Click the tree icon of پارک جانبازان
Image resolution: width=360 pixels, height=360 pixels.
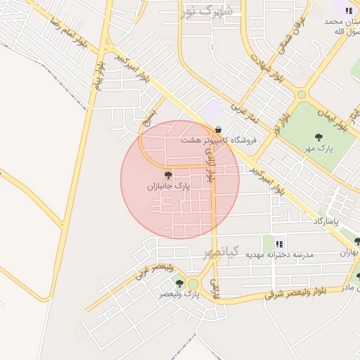pos(167,174)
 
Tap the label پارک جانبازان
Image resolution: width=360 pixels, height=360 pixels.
pos(168,186)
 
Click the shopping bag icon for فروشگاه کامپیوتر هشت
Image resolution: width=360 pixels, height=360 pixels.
pos(219,129)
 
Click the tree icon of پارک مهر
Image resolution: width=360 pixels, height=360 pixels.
pos(319,137)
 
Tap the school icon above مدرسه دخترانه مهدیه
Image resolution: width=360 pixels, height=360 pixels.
pos(279,243)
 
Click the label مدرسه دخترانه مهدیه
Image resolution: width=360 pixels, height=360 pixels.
pos(279,254)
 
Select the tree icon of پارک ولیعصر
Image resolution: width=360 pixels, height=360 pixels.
pos(179,283)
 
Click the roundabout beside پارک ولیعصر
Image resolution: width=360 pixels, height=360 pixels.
pos(193,284)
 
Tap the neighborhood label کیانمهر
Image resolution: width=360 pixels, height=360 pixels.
pos(222,252)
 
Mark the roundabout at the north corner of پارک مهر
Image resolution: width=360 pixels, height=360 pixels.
pos(302,94)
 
